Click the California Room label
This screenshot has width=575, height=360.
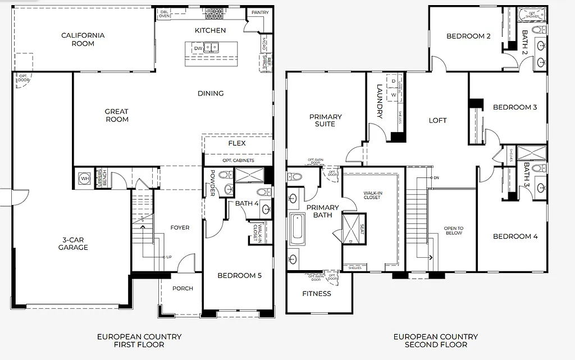click(83, 39)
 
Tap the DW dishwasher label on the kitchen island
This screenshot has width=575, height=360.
click(198, 49)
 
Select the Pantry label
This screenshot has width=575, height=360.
click(259, 12)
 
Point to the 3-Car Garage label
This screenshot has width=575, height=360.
click(73, 244)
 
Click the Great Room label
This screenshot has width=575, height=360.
click(116, 115)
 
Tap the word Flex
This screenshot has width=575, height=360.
click(237, 143)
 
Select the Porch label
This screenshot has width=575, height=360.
click(182, 289)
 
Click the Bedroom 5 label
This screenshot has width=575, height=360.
click(240, 276)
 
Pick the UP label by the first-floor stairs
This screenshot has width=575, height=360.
click(168, 257)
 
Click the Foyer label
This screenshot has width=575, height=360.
click(180, 227)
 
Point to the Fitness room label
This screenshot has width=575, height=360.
click(317, 293)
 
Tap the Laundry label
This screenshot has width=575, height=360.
click(380, 101)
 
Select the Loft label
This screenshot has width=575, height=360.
click(438, 120)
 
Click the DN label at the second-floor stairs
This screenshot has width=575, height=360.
click(436, 178)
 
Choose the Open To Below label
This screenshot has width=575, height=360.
click(454, 230)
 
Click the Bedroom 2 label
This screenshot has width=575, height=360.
click(469, 37)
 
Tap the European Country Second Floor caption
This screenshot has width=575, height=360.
click(436, 340)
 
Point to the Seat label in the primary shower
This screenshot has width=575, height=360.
click(362, 230)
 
